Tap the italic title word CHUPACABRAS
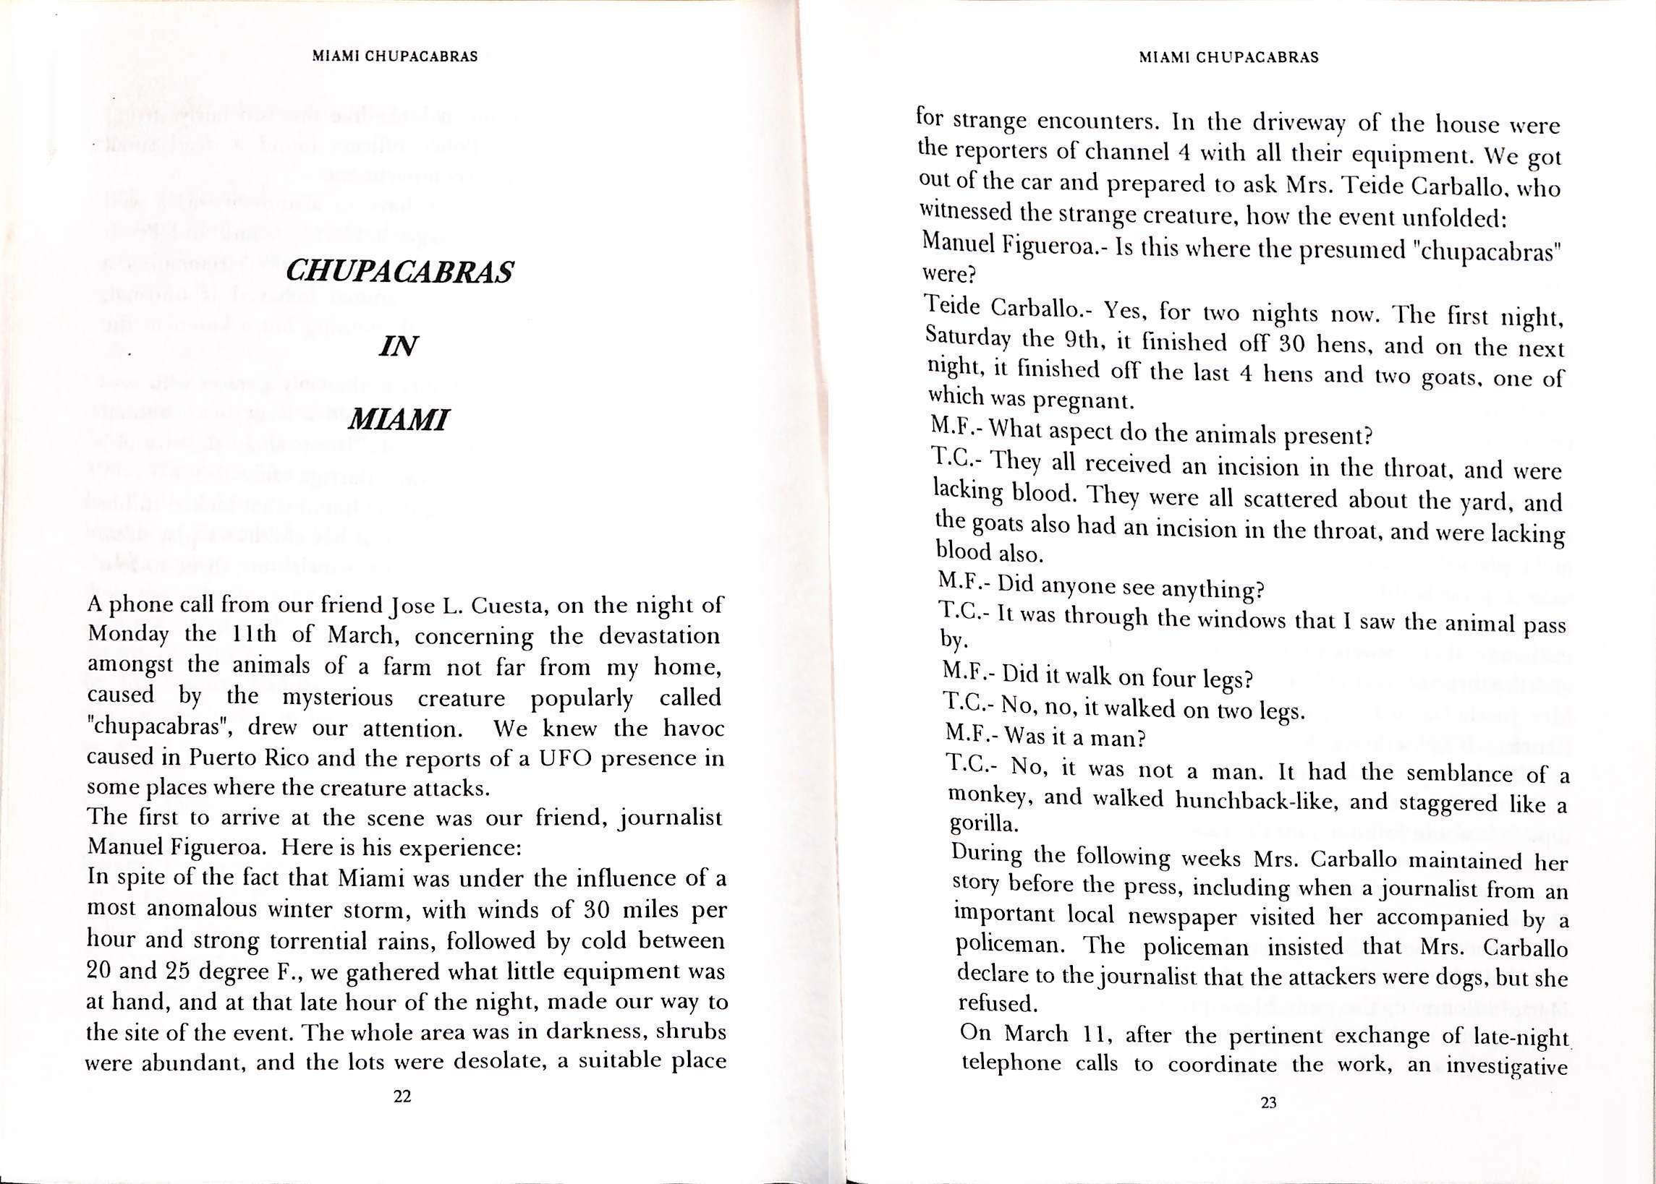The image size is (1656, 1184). point(400,272)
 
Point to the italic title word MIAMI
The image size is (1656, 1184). point(399,420)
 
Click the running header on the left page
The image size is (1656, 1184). point(395,57)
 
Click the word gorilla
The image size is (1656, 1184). point(980,825)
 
